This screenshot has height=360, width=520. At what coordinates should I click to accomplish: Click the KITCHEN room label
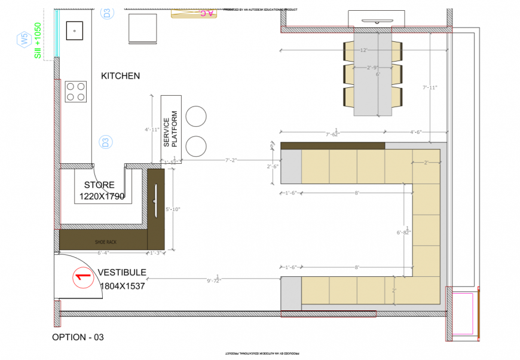coord(120,76)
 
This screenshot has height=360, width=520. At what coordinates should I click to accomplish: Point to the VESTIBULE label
coord(122,273)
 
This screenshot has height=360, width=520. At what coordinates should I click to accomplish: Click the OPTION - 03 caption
coord(78,337)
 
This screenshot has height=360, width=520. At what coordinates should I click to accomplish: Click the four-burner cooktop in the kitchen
coord(76,91)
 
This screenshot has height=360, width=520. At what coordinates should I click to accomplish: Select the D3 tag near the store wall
coord(105,142)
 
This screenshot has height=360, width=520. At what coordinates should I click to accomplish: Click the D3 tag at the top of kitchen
coord(106,13)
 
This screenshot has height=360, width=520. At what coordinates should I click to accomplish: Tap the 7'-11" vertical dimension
coord(430,87)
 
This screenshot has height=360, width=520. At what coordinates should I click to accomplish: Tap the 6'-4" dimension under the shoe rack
coord(103,253)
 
